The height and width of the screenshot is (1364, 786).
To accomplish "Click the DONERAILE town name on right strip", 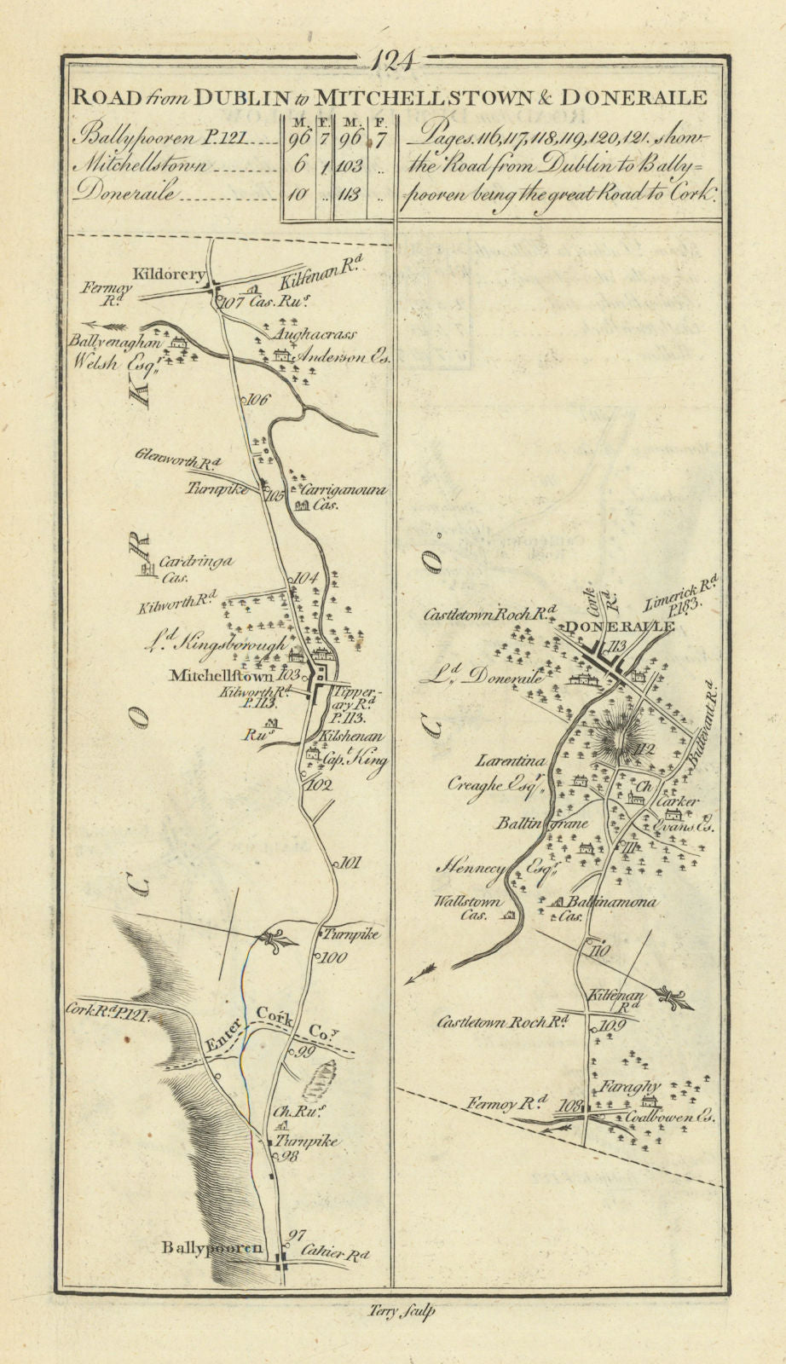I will pos(620,626).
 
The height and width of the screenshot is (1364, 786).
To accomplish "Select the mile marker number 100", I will pos(332,958).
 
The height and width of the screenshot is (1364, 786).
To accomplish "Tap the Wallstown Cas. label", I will pos(467,908).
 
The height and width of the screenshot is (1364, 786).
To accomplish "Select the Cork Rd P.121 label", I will pos(107,1014).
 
